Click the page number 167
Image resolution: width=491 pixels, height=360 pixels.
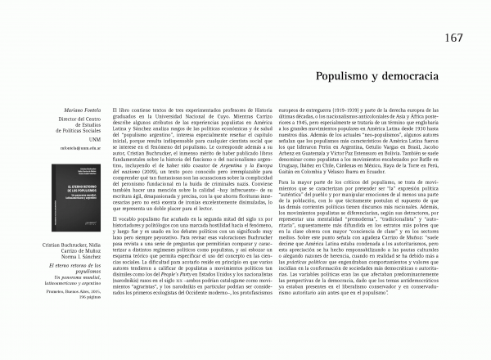pyautogui.click(x=456, y=38)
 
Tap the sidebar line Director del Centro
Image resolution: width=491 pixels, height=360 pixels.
pyautogui.click(x=97, y=119)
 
